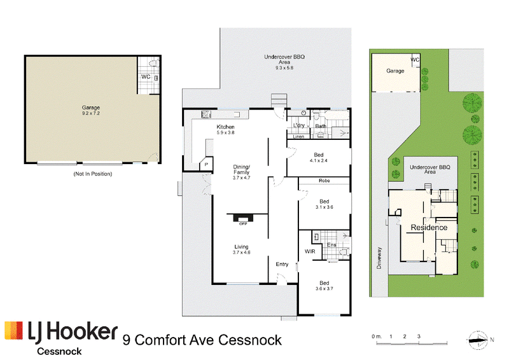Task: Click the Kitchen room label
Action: click(225, 127)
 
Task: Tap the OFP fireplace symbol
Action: click(243, 218)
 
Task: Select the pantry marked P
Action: click(206, 164)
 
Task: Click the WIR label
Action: click(310, 251)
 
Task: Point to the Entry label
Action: click(282, 264)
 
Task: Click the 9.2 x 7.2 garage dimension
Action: click(91, 113)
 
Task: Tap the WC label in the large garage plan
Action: click(146, 77)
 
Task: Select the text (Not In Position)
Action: click(93, 174)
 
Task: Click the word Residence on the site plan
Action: click(429, 228)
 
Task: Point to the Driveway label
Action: click(379, 258)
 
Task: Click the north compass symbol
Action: click(478, 340)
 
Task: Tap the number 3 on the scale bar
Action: click(419, 336)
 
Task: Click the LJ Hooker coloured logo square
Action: click(14, 331)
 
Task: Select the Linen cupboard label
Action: click(298, 137)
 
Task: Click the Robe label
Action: click(324, 181)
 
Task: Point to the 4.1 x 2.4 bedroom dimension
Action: click(319, 160)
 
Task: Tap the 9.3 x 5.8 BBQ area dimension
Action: click(284, 68)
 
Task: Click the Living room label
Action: click(241, 247)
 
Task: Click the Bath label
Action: click(321, 126)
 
